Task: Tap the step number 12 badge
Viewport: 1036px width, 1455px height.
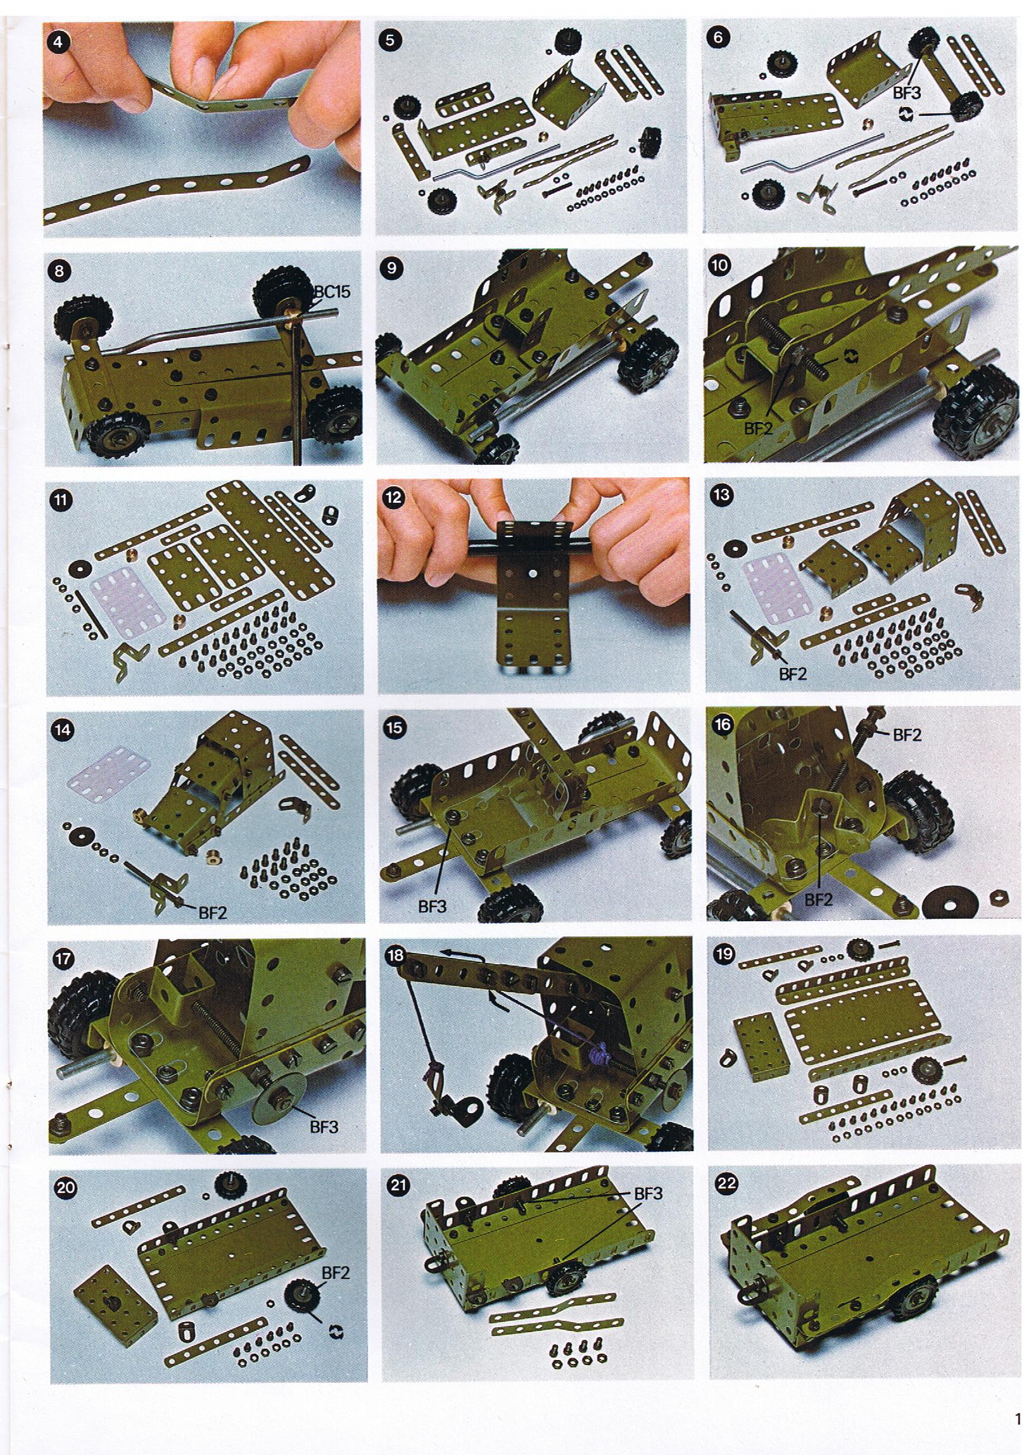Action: pos(395,498)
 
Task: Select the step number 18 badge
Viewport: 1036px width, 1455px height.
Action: pos(396,955)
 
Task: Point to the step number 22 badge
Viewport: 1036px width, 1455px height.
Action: pos(726,1185)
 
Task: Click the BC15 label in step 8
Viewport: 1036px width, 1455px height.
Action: pos(332,292)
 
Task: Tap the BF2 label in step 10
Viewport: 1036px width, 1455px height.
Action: pos(759,429)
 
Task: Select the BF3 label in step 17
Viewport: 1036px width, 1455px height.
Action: pos(324,1126)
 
